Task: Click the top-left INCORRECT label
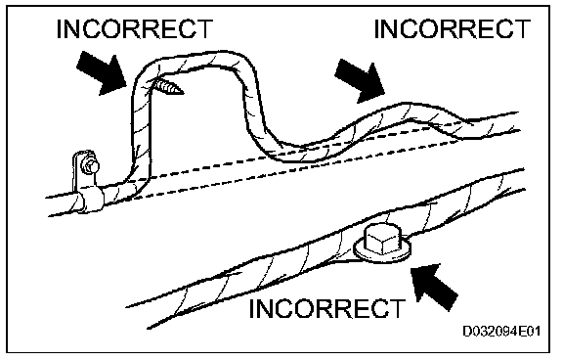point(135,28)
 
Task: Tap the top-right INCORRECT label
point(452,28)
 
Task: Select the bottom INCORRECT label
point(327,308)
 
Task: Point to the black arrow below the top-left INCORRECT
point(102,72)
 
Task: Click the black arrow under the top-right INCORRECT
point(360,81)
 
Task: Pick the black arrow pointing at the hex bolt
point(434,287)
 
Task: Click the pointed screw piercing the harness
point(169,88)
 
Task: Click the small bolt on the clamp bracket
point(90,166)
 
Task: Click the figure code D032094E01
point(501,331)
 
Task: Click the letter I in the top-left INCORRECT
point(60,28)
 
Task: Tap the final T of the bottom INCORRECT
point(397,308)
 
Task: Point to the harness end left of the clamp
point(60,204)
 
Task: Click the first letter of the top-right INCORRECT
point(376,28)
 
